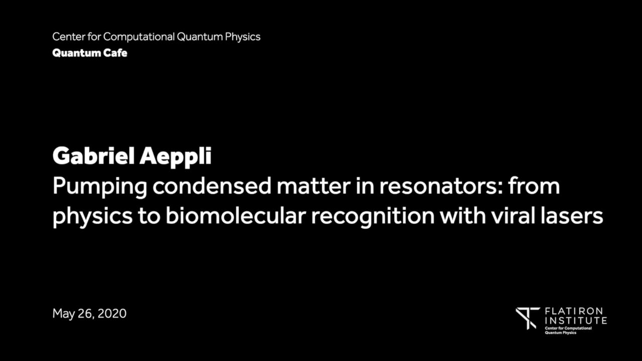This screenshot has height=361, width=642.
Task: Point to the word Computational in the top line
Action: (x=139, y=37)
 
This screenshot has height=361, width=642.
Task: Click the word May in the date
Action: (x=63, y=314)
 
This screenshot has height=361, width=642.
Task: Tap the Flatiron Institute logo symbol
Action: (x=527, y=318)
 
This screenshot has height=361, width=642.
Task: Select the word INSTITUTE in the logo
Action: (x=576, y=320)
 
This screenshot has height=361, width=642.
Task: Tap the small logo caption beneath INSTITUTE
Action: (x=568, y=330)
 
